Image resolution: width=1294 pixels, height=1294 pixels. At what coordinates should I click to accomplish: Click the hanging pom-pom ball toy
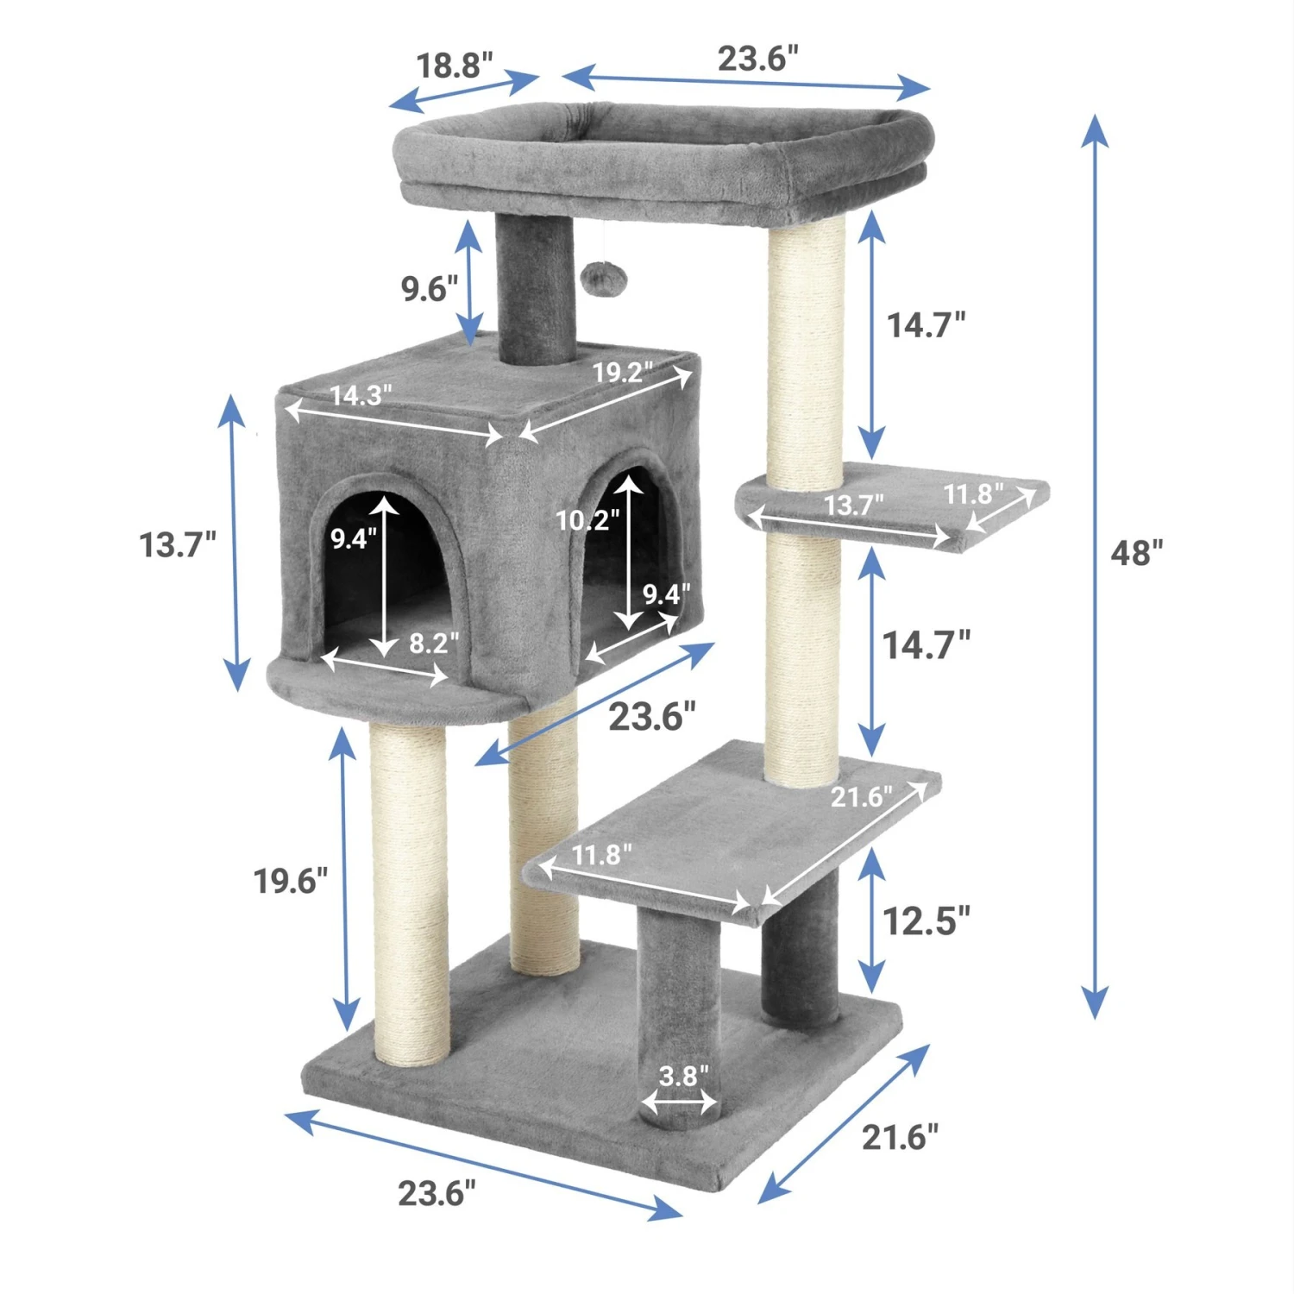(x=596, y=278)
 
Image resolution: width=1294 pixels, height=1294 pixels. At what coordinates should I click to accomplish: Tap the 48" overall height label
(x=1136, y=553)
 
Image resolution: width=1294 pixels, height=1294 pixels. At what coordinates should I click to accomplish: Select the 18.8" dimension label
(x=454, y=66)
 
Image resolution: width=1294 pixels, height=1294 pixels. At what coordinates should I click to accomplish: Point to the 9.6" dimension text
(x=429, y=289)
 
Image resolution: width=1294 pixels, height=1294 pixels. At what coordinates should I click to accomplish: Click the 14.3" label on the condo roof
(x=361, y=395)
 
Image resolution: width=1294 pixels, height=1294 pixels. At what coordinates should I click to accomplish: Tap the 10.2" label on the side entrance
(x=587, y=520)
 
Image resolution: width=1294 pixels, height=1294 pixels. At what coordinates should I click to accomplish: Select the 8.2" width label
(x=434, y=643)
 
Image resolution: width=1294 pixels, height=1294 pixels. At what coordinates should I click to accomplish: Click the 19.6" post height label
(x=290, y=882)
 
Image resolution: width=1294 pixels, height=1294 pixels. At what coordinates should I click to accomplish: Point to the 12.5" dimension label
(x=926, y=921)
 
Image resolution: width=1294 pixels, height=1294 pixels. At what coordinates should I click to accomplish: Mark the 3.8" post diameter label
(x=683, y=1076)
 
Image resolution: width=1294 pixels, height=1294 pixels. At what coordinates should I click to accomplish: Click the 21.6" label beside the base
(x=900, y=1138)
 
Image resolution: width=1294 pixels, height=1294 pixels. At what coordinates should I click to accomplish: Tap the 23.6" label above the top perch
(x=757, y=59)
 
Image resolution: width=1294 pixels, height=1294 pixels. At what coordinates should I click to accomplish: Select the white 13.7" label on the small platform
(x=854, y=505)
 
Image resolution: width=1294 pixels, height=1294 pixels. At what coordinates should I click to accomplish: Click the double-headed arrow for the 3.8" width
(x=679, y=1102)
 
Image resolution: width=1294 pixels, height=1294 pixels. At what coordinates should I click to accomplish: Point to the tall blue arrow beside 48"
(x=1095, y=565)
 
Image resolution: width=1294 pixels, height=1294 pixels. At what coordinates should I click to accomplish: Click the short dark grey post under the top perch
(x=535, y=289)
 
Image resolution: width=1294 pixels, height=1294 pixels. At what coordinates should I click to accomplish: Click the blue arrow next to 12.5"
(x=872, y=920)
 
